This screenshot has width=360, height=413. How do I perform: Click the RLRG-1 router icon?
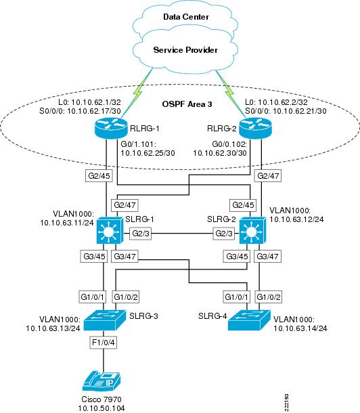point(110,128)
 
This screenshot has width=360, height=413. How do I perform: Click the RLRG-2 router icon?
point(255,128)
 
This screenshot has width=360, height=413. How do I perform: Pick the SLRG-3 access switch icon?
point(105,320)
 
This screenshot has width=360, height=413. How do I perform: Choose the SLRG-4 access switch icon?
point(249,320)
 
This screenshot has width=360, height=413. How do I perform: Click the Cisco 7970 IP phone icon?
point(102,381)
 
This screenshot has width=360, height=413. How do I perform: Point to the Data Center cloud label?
point(186,17)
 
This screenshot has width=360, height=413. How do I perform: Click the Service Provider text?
point(185,50)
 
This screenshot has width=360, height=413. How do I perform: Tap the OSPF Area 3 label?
point(187,104)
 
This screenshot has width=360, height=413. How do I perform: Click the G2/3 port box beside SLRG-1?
point(141,234)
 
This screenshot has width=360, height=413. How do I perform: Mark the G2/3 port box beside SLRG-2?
point(224,234)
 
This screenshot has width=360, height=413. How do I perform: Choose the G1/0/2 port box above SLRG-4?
point(269,297)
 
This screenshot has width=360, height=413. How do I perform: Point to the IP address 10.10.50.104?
point(102,408)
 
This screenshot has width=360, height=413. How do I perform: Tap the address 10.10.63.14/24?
point(300,328)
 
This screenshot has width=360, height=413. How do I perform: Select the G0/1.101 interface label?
point(139,144)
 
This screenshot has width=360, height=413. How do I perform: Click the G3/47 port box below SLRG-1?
point(125,257)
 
